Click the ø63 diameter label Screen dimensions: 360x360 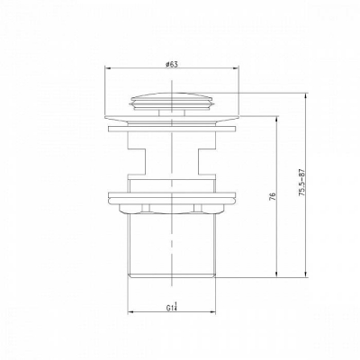click(x=171, y=65)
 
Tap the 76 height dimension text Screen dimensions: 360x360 click(x=273, y=196)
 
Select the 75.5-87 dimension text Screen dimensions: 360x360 click(x=302, y=183)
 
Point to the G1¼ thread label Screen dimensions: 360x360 click(x=172, y=308)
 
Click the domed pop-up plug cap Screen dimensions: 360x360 click(x=172, y=102)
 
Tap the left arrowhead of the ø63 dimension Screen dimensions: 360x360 click(x=108, y=69)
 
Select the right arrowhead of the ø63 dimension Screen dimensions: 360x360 click(x=236, y=69)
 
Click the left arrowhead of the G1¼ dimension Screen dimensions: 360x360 click(x=131, y=313)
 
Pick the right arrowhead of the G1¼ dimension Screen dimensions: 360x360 click(x=212, y=313)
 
